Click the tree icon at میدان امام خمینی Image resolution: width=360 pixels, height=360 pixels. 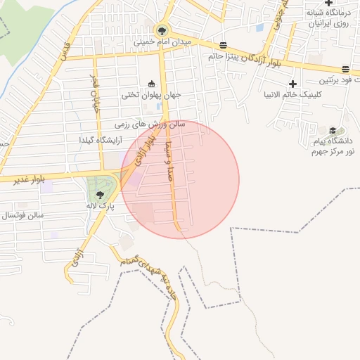click(162, 30)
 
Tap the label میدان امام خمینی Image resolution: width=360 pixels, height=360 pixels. click(162, 42)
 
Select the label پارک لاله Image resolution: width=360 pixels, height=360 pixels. click(101, 206)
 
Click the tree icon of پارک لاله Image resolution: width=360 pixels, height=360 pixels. click(101, 194)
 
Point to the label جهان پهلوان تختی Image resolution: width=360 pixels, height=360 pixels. click(151, 95)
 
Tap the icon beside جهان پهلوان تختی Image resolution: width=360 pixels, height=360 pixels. click(151, 84)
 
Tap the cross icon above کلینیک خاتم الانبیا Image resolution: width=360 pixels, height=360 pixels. click(292, 84)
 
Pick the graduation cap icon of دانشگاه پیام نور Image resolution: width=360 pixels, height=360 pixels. click(333, 130)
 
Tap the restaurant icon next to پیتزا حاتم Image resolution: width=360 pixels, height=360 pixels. click(224, 44)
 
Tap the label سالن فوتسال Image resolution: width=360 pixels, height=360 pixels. click(22, 214)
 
